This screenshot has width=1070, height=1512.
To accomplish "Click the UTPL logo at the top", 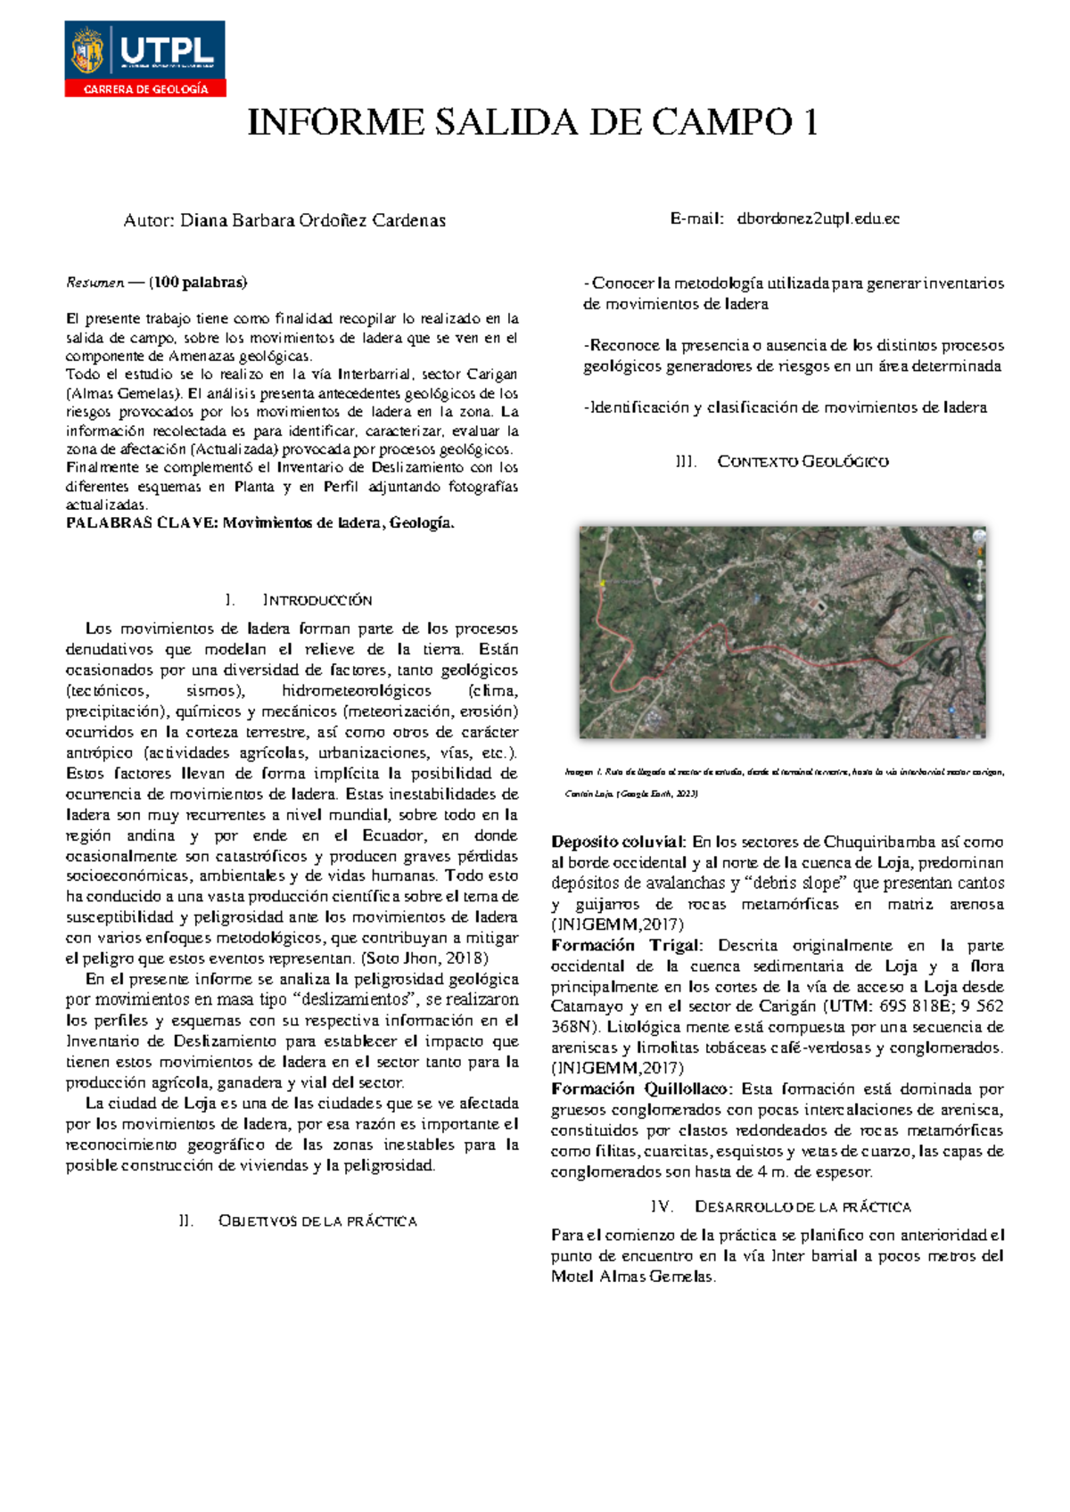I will (x=144, y=50).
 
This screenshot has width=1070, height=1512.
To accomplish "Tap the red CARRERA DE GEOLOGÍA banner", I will (x=145, y=89).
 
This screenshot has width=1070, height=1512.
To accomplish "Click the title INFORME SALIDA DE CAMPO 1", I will (x=532, y=123).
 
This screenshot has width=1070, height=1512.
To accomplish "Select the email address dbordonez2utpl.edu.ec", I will (x=818, y=219).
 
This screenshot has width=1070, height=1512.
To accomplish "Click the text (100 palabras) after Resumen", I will (x=198, y=283).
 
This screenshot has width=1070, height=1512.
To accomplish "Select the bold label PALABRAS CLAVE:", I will (x=142, y=523).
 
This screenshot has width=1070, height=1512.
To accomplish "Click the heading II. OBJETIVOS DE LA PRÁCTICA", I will (x=299, y=1221).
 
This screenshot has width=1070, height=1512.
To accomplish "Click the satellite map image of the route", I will (x=782, y=632).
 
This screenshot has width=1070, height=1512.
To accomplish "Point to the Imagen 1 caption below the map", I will (x=785, y=773).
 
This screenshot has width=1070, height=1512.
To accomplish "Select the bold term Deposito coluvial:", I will (x=619, y=842).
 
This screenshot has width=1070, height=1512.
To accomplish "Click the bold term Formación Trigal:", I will (x=628, y=946).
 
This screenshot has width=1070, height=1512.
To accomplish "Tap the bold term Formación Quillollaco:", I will (x=642, y=1089).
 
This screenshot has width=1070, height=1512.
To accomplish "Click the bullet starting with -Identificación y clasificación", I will (x=785, y=407).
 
